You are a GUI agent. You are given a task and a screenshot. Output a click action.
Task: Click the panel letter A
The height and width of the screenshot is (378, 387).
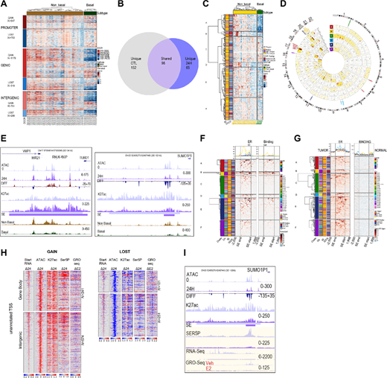[4, 5]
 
